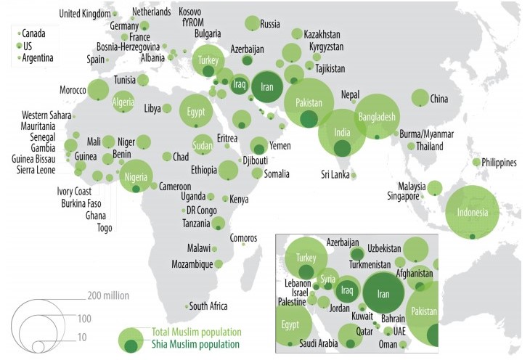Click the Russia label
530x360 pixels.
pyautogui.click(x=269, y=23)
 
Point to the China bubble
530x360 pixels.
pyautogui.click(x=420, y=98)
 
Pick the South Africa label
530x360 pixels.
pyautogui.click(x=208, y=306)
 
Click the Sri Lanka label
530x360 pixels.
pyautogui.click(x=335, y=174)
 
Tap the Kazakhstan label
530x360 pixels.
pyautogui.click(x=322, y=34)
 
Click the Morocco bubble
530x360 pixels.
pyautogui.click(x=98, y=90)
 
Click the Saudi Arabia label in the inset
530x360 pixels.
pyautogui.click(x=317, y=343)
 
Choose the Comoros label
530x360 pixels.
pyautogui.click(x=243, y=237)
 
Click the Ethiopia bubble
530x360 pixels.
pyautogui.click(x=228, y=170)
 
